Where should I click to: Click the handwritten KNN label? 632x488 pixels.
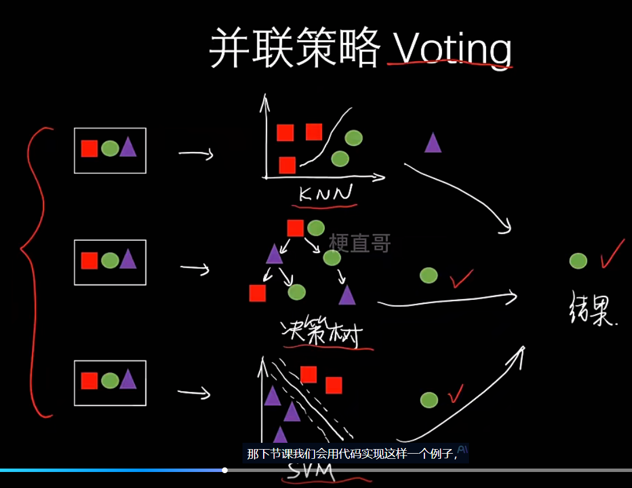[x=325, y=195]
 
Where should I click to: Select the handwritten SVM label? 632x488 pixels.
[x=311, y=473]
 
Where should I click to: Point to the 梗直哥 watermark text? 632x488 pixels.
[x=360, y=243]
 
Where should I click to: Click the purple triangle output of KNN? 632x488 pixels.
[x=433, y=143]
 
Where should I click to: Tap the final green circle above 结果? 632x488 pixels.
[x=578, y=261]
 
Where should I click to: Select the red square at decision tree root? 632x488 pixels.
[x=295, y=228]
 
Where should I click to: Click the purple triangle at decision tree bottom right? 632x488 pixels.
[x=347, y=295]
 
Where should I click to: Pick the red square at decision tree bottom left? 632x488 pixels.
[x=257, y=293]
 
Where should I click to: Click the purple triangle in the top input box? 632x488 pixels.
[x=128, y=148]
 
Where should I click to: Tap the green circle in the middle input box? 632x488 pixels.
[x=110, y=261]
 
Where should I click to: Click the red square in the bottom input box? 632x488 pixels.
[x=89, y=380]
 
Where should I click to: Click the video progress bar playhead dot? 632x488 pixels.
[x=225, y=470]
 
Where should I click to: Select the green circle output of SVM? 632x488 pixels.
[x=429, y=400]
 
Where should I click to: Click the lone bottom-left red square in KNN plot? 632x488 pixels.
[x=287, y=165]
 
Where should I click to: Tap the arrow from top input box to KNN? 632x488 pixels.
[x=196, y=153]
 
